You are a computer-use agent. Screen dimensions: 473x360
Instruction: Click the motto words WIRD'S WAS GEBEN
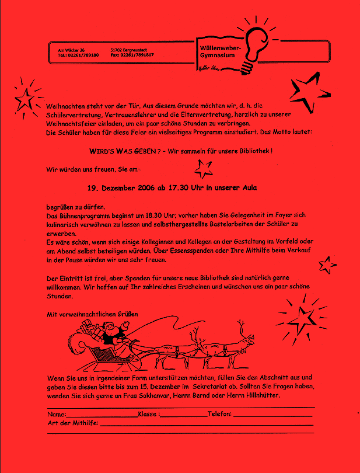[122, 151]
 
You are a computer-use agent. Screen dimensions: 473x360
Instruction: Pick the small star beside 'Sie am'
[203, 169]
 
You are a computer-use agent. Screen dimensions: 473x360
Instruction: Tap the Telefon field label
[219, 414]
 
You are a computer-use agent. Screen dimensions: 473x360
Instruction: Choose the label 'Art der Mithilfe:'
[72, 423]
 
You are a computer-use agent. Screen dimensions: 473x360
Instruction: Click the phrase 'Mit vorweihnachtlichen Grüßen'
[92, 314]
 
